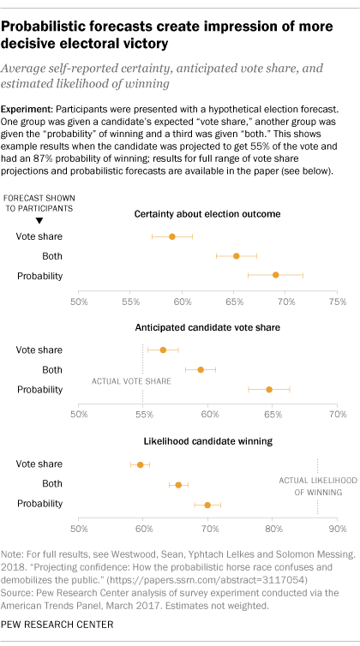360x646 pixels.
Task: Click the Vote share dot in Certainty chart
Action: (171, 236)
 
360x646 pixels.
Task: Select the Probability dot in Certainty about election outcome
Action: (275, 274)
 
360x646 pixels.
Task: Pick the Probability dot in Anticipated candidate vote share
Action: (268, 389)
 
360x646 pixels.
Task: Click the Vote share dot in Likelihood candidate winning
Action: (141, 464)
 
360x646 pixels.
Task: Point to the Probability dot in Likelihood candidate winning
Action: (207, 505)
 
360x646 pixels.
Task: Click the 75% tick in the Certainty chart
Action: (337, 302)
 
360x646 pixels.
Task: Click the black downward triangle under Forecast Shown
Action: (27, 220)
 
